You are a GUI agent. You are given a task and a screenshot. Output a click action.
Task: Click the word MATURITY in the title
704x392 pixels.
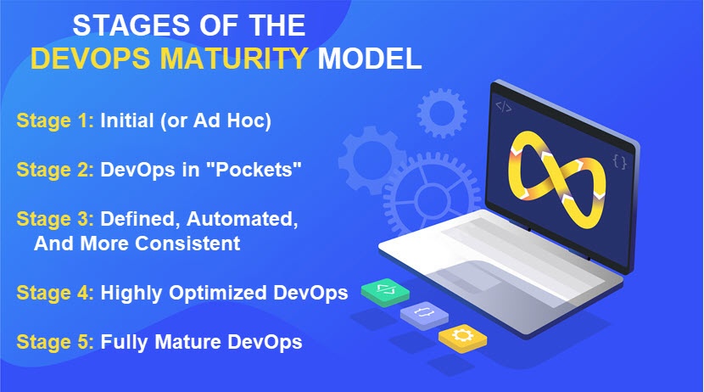tap(233, 59)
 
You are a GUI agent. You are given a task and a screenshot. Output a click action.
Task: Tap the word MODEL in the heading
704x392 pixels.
tap(370, 59)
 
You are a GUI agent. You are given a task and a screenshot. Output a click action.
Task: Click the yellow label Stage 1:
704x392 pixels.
tap(55, 120)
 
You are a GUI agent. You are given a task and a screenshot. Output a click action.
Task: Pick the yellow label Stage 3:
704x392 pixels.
tap(55, 219)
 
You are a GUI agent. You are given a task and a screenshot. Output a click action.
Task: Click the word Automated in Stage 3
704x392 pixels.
tap(242, 219)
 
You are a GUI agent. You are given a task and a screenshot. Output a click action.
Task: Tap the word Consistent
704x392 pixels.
tap(187, 244)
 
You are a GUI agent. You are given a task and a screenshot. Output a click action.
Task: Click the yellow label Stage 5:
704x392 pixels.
tap(55, 342)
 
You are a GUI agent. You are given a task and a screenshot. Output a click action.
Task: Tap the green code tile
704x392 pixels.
tap(385, 293)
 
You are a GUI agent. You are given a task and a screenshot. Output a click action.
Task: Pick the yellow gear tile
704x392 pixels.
tap(462, 338)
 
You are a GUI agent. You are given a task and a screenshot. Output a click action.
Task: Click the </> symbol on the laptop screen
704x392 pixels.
tap(503, 107)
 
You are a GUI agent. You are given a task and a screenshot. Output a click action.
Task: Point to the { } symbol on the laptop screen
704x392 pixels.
tap(620, 162)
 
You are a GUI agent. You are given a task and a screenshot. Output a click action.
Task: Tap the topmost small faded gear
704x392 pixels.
tap(442, 114)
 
